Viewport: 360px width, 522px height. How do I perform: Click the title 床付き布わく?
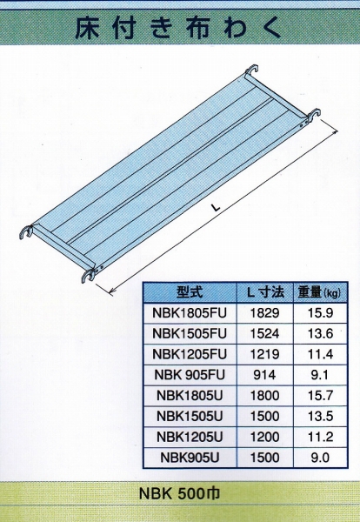coord(178,29)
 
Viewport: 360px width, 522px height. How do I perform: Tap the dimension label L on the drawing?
coord(217,208)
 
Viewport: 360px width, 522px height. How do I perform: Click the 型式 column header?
coord(190,292)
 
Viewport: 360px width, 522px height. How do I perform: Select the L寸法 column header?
coord(265,292)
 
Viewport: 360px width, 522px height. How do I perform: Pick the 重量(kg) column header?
coord(319,292)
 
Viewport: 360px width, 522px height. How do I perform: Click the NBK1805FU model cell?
coord(190,313)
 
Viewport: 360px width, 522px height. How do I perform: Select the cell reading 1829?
coord(264,313)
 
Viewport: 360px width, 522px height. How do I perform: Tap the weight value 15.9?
coord(320,313)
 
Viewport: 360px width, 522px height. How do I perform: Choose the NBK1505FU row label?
coord(190,333)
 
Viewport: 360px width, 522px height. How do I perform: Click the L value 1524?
coord(264,333)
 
